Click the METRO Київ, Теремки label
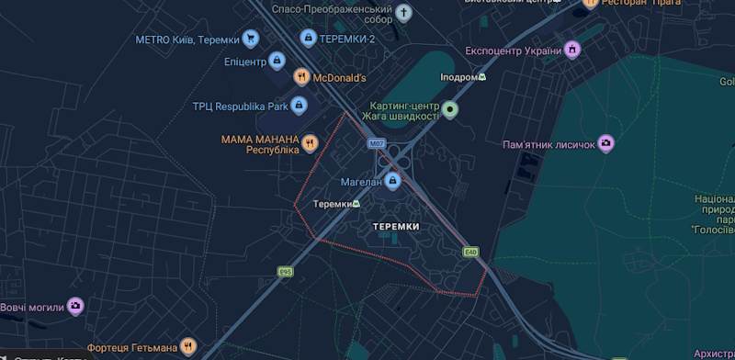tap(187, 39)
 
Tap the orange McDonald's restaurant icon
tap(300, 77)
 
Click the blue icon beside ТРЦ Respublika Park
tap(299, 106)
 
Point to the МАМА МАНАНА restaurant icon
tap(311, 143)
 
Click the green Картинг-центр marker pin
tap(449, 111)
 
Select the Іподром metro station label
tap(459, 78)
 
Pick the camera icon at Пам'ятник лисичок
tap(605, 143)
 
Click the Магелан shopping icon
tap(393, 182)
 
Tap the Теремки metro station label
tap(334, 204)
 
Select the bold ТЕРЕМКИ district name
tap(397, 226)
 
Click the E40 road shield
tap(471, 252)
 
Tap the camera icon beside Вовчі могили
tap(76, 306)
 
